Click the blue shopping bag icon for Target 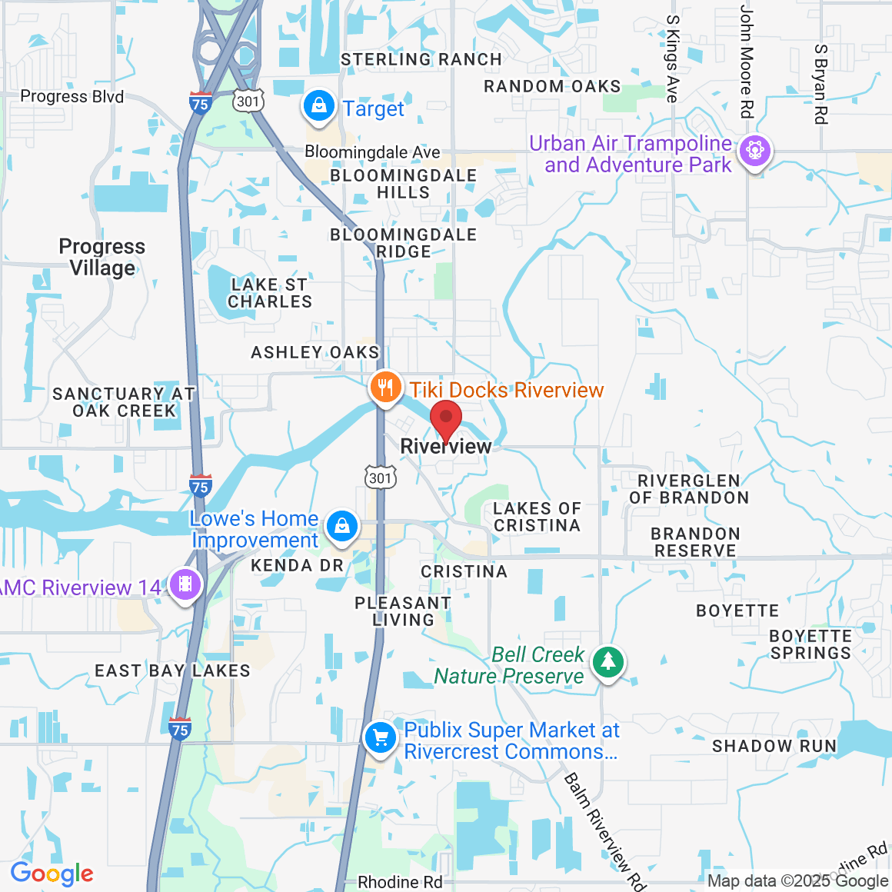coord(318,107)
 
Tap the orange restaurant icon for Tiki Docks coord(384,388)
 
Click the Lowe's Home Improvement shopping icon coord(341,528)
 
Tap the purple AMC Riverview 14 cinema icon coord(185,585)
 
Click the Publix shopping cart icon coord(380,739)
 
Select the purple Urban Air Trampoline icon coord(754,151)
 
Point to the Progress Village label coord(102,257)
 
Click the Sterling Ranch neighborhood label coord(421,60)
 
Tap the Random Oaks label coord(551,87)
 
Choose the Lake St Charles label coord(270,293)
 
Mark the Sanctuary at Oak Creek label coord(124,402)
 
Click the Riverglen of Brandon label coord(689,489)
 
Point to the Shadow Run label coord(774,746)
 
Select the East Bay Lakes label coord(172,671)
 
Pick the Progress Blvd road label coord(72,96)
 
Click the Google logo coord(52,874)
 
